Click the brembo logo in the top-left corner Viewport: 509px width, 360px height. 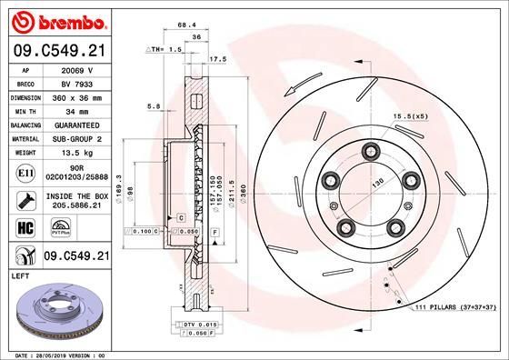click(57, 21)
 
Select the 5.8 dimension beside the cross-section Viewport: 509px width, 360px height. click(155, 107)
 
